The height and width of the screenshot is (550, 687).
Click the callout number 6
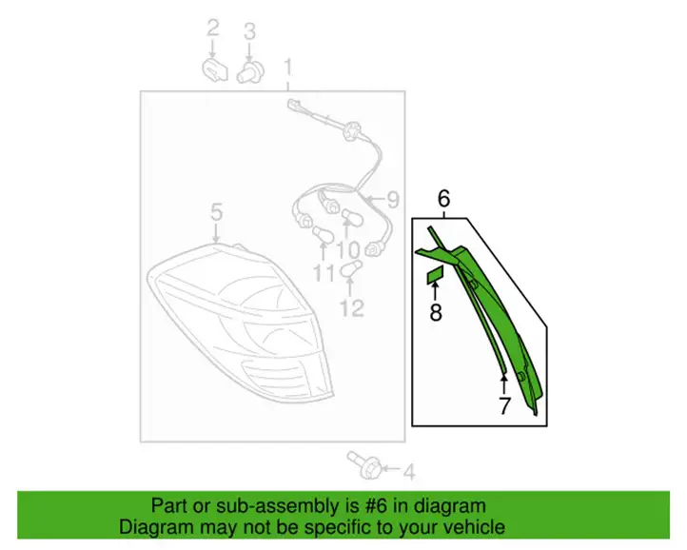pos(443,199)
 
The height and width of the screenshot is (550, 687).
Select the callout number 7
pos(504,405)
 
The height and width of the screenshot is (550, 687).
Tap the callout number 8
pos(436,313)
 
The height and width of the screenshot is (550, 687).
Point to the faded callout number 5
pos(216,212)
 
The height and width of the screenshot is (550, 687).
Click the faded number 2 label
pos(212,28)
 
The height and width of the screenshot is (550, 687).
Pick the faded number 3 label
pos(249,31)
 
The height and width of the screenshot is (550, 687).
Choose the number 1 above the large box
pos(288,68)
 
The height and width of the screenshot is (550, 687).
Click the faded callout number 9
pos(392,200)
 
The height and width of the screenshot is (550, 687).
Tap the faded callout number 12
pos(352,308)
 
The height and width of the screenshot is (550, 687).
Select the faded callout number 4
pos(408,472)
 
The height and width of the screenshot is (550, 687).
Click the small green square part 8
pos(436,276)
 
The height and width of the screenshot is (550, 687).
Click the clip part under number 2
pos(214,70)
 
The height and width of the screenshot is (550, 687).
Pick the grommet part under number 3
pos(250,72)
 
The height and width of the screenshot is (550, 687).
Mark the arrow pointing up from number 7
pos(504,383)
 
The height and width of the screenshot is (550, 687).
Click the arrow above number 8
pos(435,293)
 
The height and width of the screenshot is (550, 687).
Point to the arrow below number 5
pos(216,232)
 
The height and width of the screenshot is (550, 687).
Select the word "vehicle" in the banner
pos(477,527)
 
